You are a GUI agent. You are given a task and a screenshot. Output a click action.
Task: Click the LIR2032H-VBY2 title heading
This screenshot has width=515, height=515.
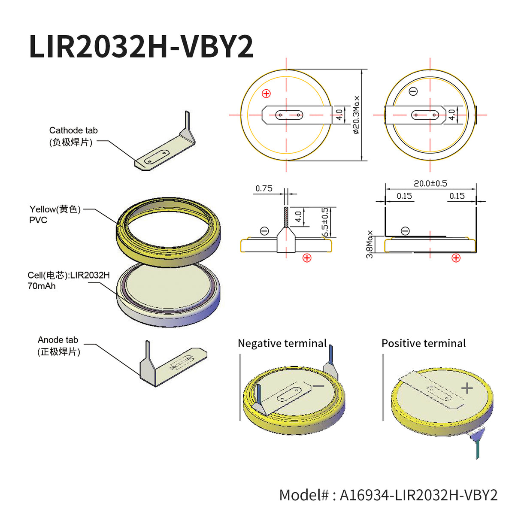coord(141,46)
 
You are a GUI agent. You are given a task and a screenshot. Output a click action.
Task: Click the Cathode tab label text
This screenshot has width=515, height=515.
coord(73,130)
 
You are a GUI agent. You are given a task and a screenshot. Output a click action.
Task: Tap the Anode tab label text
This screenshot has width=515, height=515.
coord(58,340)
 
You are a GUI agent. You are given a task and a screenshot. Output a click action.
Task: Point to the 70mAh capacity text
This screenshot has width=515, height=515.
coord(42,286)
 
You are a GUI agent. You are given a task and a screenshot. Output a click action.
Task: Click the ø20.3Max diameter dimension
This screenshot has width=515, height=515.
coord(357,115)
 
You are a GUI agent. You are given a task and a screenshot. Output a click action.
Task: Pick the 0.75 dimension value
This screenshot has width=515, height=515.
coord(264,188)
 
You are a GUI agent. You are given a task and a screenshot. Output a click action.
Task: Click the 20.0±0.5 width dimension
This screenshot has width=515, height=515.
coord(430,183)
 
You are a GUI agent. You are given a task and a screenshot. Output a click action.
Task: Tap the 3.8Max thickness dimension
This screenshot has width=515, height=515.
coord(370,245)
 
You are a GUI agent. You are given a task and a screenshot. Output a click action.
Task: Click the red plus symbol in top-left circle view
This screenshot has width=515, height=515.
coord(267,94)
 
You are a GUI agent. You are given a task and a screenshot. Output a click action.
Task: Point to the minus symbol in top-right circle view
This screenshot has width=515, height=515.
coord(413,91)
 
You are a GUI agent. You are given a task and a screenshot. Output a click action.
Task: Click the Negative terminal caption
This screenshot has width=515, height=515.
coord(282,343)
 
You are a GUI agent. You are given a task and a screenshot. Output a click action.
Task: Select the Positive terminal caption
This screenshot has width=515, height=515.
coord(423,343)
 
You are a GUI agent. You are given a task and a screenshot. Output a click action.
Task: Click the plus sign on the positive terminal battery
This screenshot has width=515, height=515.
coord(467,388)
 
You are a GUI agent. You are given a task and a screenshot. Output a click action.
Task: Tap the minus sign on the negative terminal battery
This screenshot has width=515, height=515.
coord(318,386)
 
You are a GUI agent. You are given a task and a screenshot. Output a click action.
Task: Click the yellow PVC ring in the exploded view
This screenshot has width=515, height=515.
coord(168,240)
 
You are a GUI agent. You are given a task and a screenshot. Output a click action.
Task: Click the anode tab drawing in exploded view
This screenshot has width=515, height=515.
coord(172,365)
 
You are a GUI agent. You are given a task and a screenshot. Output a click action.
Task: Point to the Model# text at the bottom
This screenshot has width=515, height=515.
coord(388,495)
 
